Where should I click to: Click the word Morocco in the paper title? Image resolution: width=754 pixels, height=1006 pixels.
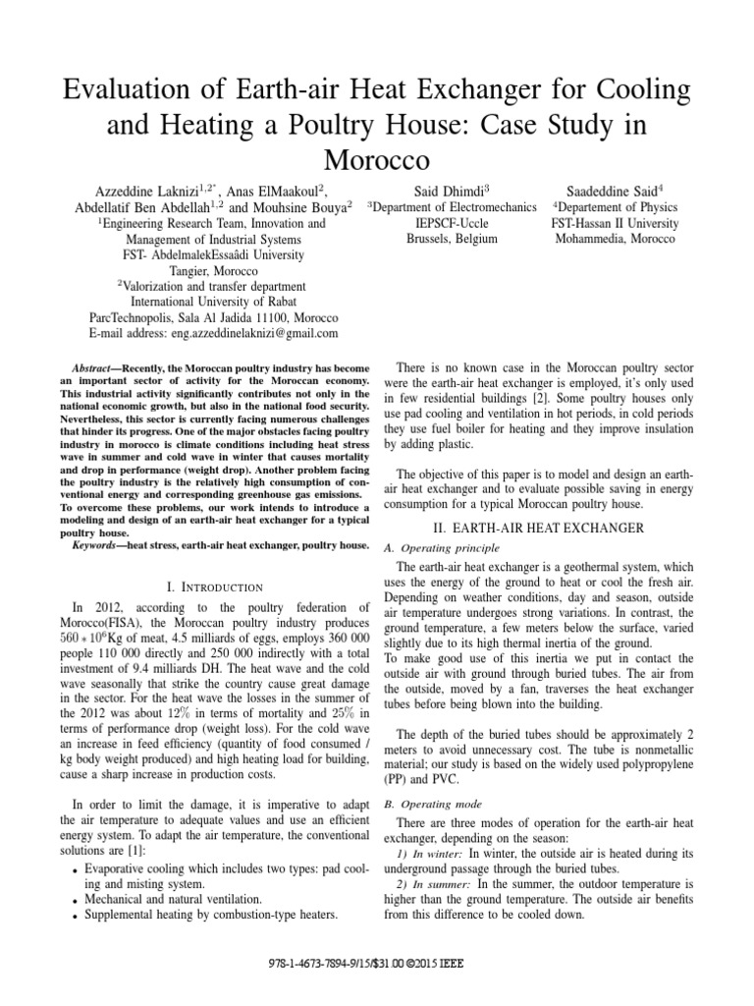pyautogui.click(x=376, y=158)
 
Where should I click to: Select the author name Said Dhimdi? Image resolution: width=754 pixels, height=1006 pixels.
pyautogui.click(x=449, y=190)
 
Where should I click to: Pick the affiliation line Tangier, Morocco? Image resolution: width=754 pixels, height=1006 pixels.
pyautogui.click(x=208, y=270)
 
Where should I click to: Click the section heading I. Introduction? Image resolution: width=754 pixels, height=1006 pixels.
pyautogui.click(x=209, y=587)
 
